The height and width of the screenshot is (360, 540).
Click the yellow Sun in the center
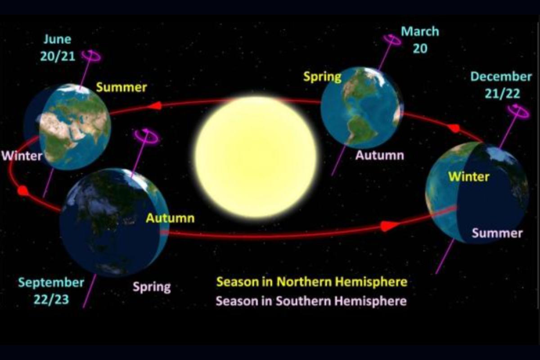tap(256, 157)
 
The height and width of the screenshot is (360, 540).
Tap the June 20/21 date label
tap(58, 48)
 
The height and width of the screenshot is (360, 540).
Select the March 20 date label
tap(420, 40)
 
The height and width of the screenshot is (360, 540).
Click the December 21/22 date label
tap(501, 85)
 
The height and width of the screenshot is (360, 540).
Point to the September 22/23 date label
tap(51, 291)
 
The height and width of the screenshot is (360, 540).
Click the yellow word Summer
tap(121, 87)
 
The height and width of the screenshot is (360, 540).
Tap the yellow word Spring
tap(322, 77)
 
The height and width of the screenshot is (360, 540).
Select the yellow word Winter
tap(469, 177)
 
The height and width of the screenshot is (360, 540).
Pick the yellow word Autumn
tap(170, 218)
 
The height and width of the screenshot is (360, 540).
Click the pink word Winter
tap(22, 156)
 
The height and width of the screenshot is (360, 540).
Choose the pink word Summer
tap(497, 233)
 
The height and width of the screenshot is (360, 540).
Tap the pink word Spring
tap(152, 287)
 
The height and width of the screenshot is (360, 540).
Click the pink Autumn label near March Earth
tap(380, 155)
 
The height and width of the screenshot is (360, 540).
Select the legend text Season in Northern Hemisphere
tap(312, 282)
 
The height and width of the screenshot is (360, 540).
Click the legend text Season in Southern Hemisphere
tap(311, 301)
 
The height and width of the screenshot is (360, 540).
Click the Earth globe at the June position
tap(67, 127)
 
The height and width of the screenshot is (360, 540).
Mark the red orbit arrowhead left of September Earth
tap(23, 191)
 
